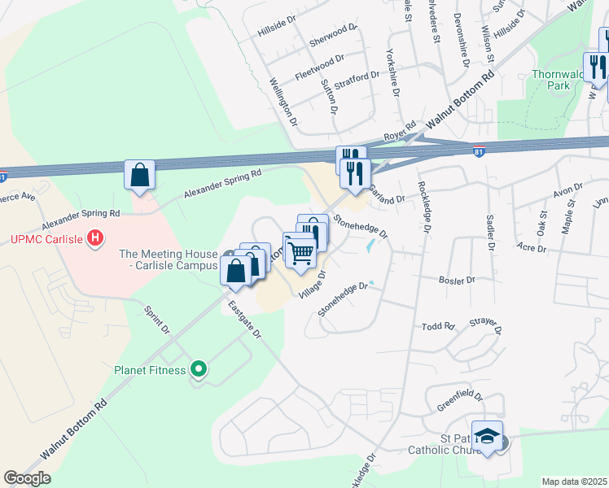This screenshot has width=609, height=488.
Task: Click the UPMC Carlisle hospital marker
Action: pyautogui.click(x=96, y=239)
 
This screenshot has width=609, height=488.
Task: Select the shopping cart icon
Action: pyautogui.click(x=300, y=251)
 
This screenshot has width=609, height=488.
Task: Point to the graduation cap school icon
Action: pyautogui.click(x=487, y=438)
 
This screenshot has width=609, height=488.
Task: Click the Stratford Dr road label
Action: pyautogui.click(x=357, y=82)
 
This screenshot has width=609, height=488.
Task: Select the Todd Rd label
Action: pyautogui.click(x=437, y=327)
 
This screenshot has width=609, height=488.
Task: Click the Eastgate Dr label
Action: pyautogui.click(x=244, y=320)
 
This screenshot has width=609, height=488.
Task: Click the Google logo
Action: pyautogui.click(x=27, y=478)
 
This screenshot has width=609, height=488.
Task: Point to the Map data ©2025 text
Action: pyautogui.click(x=573, y=481)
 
